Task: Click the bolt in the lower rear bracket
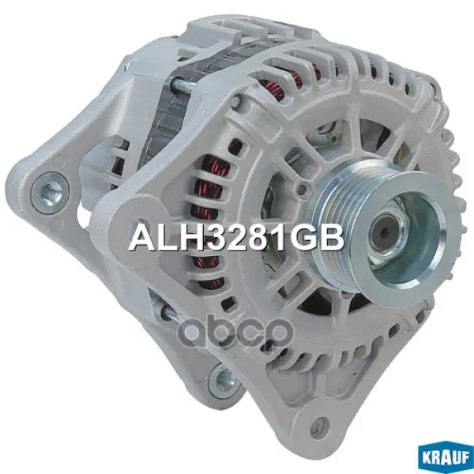coord(224,378)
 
